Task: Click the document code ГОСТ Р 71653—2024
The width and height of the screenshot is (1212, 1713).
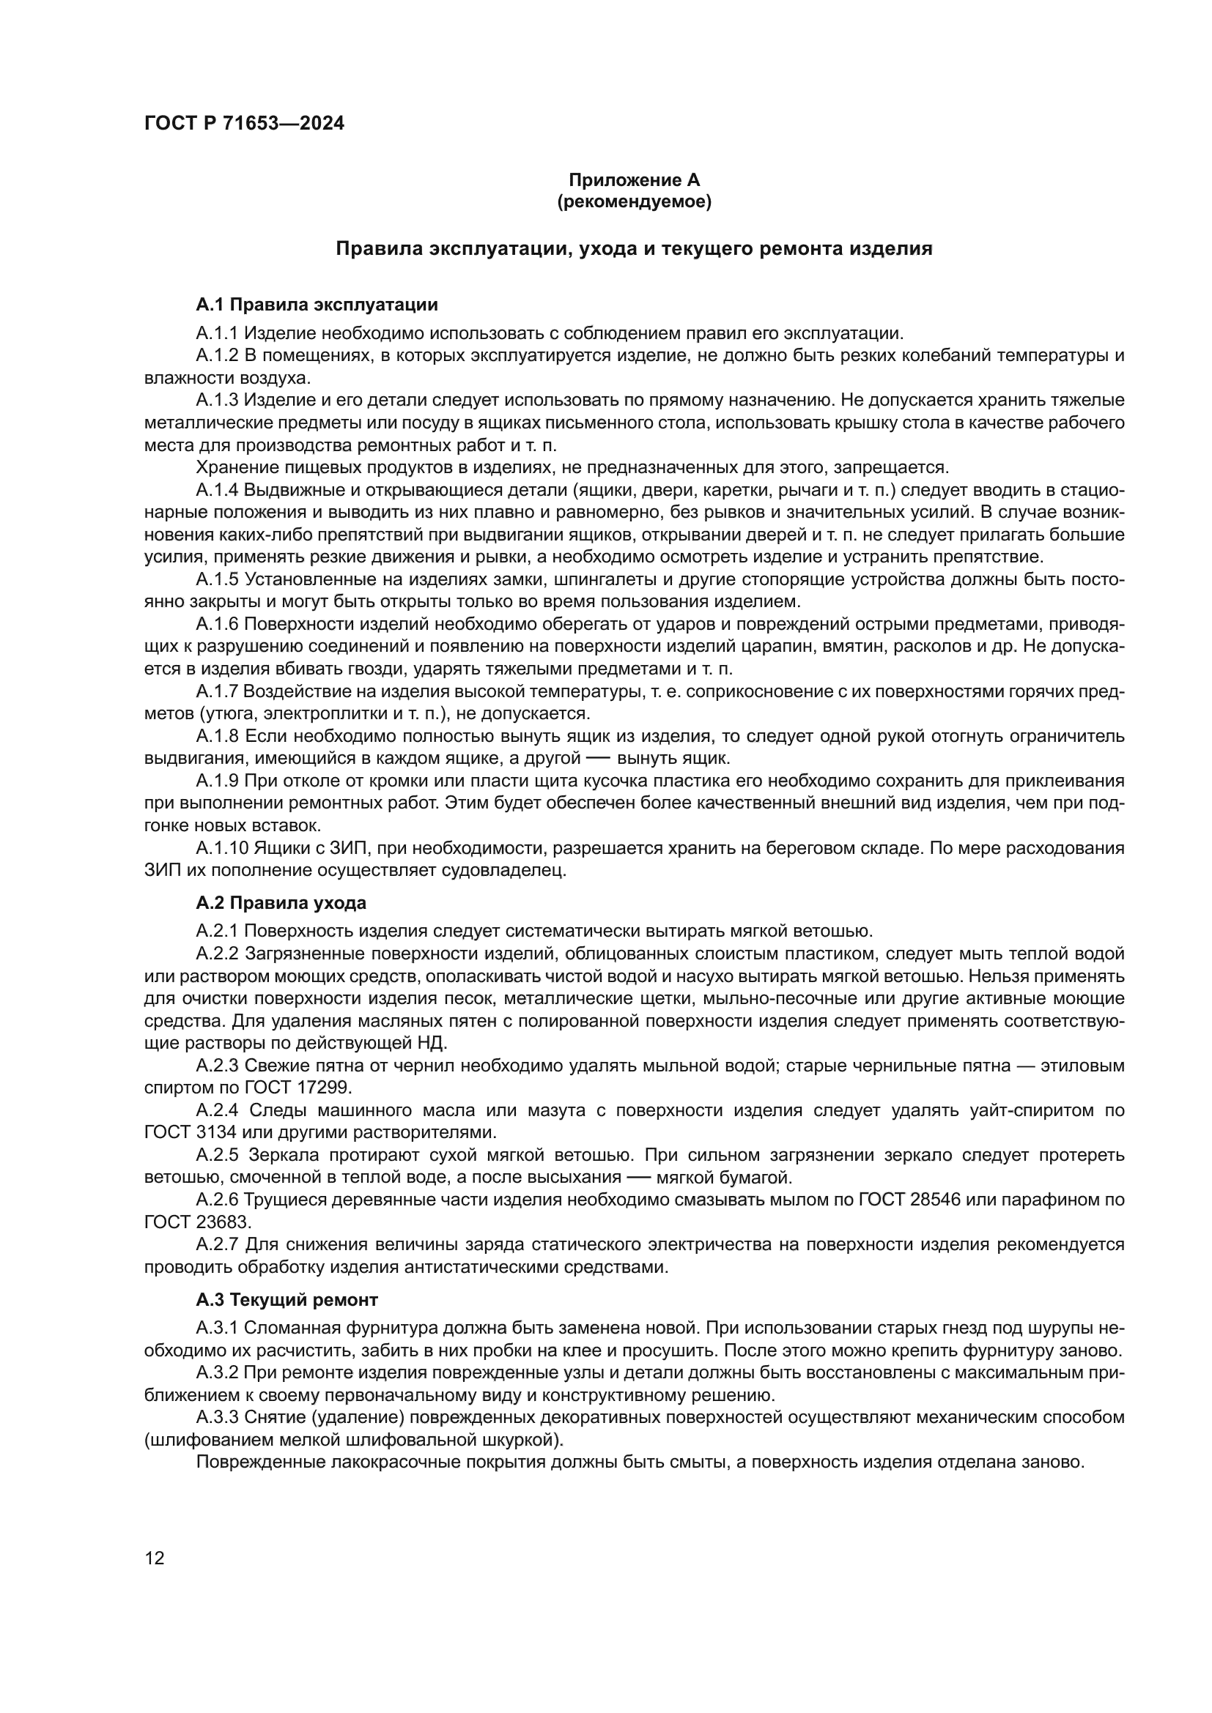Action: pos(244,124)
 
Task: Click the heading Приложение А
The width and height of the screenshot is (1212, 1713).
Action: pos(635,180)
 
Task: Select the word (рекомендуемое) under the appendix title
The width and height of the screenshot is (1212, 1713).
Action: pos(635,201)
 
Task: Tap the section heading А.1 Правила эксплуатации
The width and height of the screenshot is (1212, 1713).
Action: pos(317,305)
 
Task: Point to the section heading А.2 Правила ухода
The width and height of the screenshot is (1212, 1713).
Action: pos(281,903)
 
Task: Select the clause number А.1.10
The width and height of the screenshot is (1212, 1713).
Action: pos(223,848)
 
